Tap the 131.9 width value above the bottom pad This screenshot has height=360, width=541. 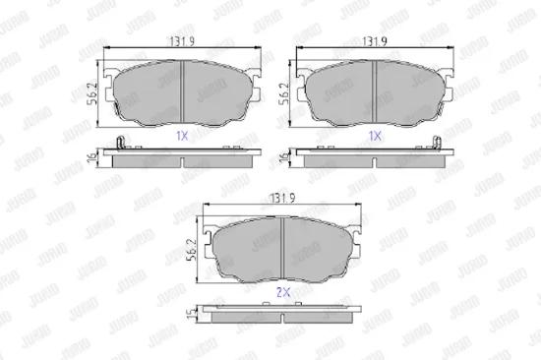(283, 199)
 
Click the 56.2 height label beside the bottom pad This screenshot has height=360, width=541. (194, 254)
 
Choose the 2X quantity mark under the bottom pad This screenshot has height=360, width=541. (282, 292)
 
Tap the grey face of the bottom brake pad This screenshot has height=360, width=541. (282, 248)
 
